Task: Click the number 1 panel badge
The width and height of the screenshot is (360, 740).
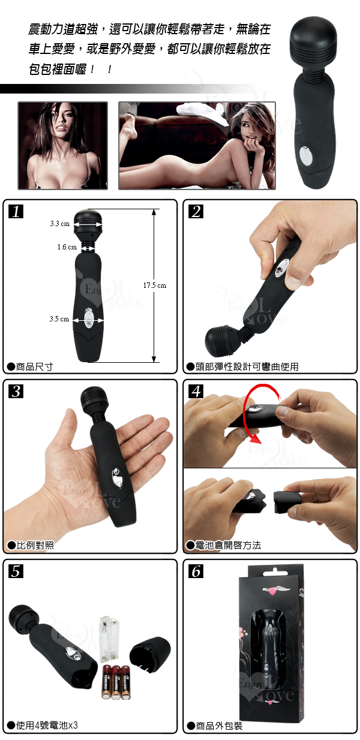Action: tap(16, 212)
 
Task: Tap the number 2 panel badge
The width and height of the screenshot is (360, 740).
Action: tap(196, 212)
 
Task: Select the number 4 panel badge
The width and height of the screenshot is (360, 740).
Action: tap(196, 392)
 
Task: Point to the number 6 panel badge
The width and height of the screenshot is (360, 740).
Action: tap(196, 571)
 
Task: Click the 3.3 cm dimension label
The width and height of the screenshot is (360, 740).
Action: tap(60, 224)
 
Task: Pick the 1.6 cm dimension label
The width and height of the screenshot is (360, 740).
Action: tap(67, 247)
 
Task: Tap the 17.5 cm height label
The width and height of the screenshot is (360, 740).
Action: tap(155, 285)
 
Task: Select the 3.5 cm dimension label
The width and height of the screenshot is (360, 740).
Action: tap(59, 319)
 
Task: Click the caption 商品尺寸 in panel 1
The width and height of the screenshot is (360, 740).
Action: tap(34, 366)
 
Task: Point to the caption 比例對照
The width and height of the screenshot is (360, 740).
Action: tap(35, 545)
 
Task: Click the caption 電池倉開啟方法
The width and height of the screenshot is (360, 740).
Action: tap(228, 545)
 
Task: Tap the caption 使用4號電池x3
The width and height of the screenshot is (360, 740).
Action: tap(47, 725)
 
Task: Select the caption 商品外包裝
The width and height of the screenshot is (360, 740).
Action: tap(219, 726)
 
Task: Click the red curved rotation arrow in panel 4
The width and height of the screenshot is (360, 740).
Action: tap(245, 410)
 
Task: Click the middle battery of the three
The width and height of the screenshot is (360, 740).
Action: tap(116, 682)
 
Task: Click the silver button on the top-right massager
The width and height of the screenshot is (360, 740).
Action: tap(305, 156)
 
